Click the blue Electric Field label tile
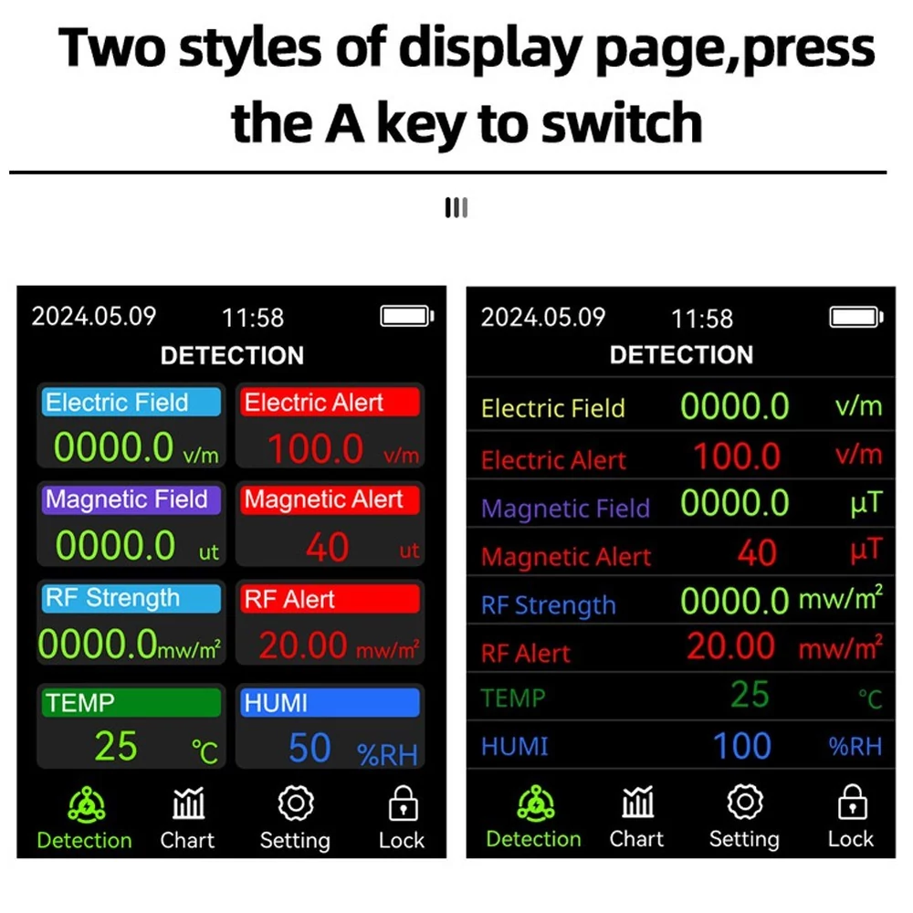pyautogui.click(x=131, y=402)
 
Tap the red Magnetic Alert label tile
pyautogui.click(x=330, y=499)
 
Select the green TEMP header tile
pyautogui.click(x=131, y=702)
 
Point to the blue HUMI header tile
pyautogui.click(x=330, y=702)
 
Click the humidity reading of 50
pyautogui.click(x=310, y=748)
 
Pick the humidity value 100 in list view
pyautogui.click(x=741, y=746)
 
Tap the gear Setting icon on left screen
pyautogui.click(x=296, y=803)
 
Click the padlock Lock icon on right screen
pyautogui.click(x=853, y=802)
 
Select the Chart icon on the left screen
pyautogui.click(x=188, y=803)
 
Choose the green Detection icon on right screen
pyautogui.click(x=536, y=803)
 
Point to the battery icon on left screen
pyautogui.click(x=407, y=316)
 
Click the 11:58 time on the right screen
pyautogui.click(x=701, y=319)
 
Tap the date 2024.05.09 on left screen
pyautogui.click(x=94, y=316)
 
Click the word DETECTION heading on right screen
pyautogui.click(x=681, y=354)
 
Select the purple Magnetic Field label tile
pyautogui.click(x=131, y=499)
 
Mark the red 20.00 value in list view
pyautogui.click(x=730, y=646)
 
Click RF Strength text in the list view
pyautogui.click(x=548, y=605)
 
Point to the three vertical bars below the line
pyautogui.click(x=456, y=208)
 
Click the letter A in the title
pyautogui.click(x=345, y=123)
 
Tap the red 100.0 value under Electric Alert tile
pyautogui.click(x=316, y=449)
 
